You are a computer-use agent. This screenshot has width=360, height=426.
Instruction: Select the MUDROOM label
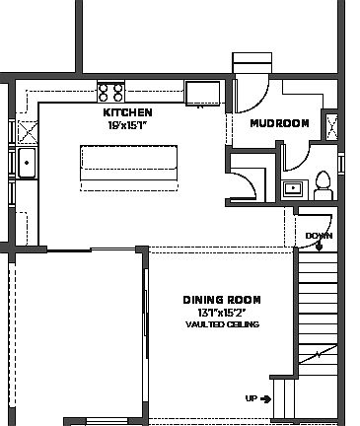[279, 124]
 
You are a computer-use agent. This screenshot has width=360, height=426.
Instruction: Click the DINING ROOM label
[221, 300]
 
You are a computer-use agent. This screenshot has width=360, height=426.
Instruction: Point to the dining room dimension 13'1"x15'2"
[221, 313]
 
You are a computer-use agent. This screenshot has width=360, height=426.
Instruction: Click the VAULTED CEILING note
[221, 323]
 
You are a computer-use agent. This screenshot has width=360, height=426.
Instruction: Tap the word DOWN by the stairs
[319, 236]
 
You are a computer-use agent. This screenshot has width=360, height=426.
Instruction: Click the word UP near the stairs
[251, 398]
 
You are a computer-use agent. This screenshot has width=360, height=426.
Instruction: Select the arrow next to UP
[265, 398]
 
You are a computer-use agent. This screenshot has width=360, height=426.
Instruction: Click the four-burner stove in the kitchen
[110, 92]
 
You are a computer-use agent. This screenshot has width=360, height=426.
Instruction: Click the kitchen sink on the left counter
[26, 164]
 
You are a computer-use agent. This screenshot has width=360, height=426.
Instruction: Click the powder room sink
[292, 187]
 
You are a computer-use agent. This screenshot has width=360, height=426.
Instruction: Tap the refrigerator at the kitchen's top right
[205, 92]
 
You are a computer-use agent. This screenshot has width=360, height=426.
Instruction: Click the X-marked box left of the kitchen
[27, 130]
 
